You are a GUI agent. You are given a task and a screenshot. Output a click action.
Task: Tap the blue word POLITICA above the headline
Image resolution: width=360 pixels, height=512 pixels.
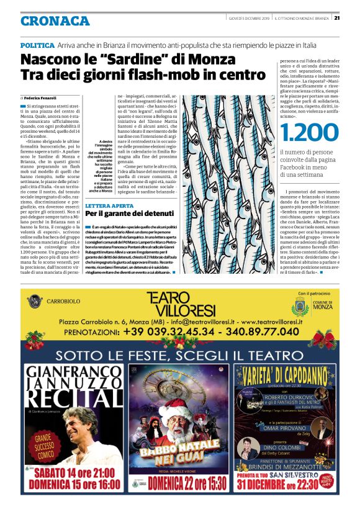pyautogui.click(x=37, y=45)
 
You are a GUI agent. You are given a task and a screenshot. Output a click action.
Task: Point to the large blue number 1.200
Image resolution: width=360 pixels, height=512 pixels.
pyautogui.click(x=310, y=133)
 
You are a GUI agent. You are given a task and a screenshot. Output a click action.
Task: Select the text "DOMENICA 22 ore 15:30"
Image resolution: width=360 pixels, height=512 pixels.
pyautogui.click(x=179, y=482)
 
